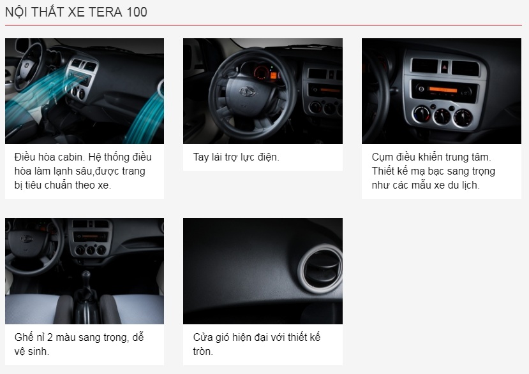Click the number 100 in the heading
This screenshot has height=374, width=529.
click(x=137, y=12)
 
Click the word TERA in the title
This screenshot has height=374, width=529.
click(x=105, y=12)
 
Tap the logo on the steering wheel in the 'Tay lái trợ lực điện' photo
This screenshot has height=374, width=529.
click(x=246, y=91)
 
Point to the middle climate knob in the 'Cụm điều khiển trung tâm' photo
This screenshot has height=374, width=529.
click(x=442, y=117)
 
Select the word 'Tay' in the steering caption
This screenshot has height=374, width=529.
click(x=202, y=157)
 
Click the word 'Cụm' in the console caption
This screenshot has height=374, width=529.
click(x=383, y=157)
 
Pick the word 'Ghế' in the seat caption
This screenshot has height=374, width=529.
click(x=24, y=337)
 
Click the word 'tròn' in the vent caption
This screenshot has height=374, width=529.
click(x=203, y=352)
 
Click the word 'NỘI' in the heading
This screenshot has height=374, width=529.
click(x=16, y=12)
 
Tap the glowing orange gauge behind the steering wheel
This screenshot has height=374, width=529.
click(x=273, y=75)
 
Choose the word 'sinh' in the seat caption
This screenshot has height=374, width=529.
click(x=39, y=352)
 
